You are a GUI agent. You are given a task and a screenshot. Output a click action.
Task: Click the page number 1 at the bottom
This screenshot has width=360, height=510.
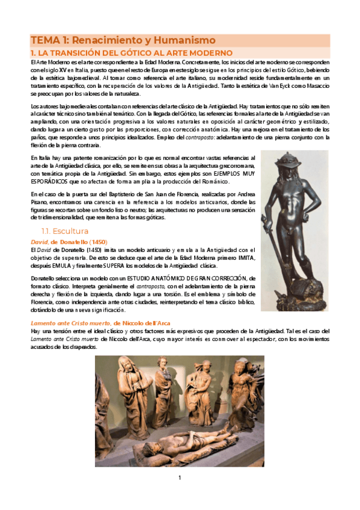click(x=179, y=478)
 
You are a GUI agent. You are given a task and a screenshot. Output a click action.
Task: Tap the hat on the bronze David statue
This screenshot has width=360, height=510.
click(x=293, y=161)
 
